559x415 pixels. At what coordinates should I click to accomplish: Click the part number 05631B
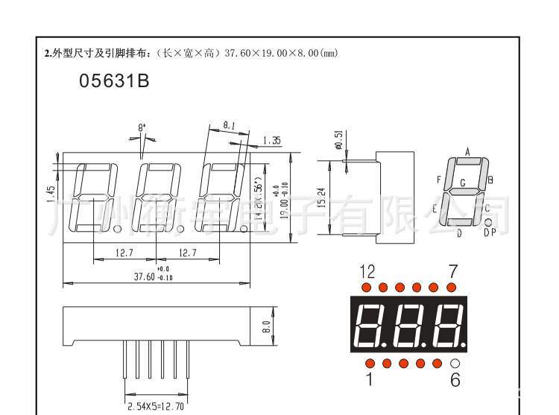click(x=114, y=81)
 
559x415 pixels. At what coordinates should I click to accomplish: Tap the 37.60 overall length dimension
click(x=144, y=276)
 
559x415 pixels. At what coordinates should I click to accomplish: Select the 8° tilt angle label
click(x=142, y=128)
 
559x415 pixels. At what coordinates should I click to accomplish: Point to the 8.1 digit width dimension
click(x=229, y=126)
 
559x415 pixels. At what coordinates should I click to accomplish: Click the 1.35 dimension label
click(x=271, y=140)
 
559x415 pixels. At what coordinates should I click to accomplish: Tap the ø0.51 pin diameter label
click(x=339, y=139)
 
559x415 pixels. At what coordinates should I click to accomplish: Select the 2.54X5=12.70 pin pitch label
click(x=155, y=406)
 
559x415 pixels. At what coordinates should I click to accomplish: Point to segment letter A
click(x=468, y=152)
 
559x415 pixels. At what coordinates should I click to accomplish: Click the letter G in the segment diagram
click(x=463, y=183)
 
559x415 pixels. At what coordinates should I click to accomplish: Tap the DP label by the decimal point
click(x=490, y=233)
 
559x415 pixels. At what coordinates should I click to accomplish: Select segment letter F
click(x=440, y=180)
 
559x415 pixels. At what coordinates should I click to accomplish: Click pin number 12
click(x=367, y=271)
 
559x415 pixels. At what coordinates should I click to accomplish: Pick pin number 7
click(x=452, y=271)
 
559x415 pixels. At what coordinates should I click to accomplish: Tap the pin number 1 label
click(x=368, y=380)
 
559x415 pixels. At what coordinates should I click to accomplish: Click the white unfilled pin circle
click(x=455, y=363)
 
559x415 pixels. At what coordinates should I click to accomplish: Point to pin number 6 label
click(x=455, y=380)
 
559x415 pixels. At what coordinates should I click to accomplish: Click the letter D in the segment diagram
click(x=459, y=233)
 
